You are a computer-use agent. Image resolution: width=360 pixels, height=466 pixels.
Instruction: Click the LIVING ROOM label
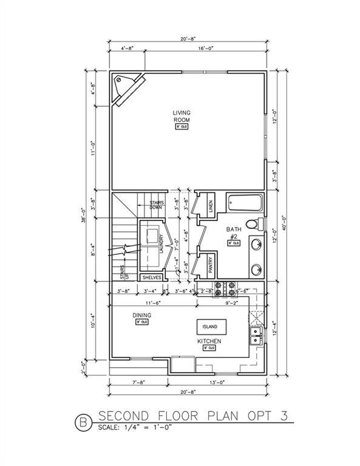(x=182, y=116)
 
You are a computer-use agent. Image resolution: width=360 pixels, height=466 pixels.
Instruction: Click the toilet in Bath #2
(x=259, y=223)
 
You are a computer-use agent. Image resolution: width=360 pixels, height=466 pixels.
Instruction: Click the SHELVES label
(x=152, y=277)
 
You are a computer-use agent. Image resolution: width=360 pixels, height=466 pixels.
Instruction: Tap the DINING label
(x=141, y=316)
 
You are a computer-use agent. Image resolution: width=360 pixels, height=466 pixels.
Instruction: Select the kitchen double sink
(x=256, y=336)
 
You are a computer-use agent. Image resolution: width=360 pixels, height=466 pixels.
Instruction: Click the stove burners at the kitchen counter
(x=223, y=286)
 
